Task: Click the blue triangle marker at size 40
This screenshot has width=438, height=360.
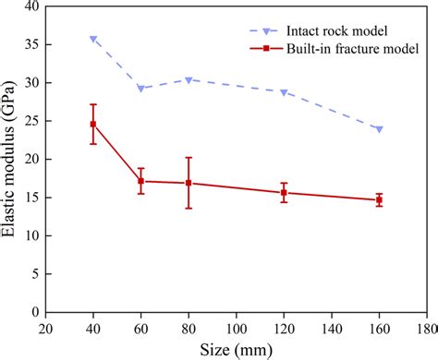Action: point(93,39)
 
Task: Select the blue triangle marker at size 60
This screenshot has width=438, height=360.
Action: point(140,89)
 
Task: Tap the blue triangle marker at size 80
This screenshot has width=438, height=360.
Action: point(189,80)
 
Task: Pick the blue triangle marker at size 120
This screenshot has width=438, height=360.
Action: point(284,92)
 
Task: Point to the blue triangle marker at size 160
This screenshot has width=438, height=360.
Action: point(379,129)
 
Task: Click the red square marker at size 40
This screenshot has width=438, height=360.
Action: point(93,124)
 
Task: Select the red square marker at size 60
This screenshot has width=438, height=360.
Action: point(140,181)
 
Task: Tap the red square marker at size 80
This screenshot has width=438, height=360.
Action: point(189,183)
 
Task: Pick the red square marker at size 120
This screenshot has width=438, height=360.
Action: point(284,192)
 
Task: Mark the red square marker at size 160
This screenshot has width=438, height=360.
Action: point(379,200)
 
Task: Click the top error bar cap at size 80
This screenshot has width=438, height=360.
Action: point(189,158)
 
